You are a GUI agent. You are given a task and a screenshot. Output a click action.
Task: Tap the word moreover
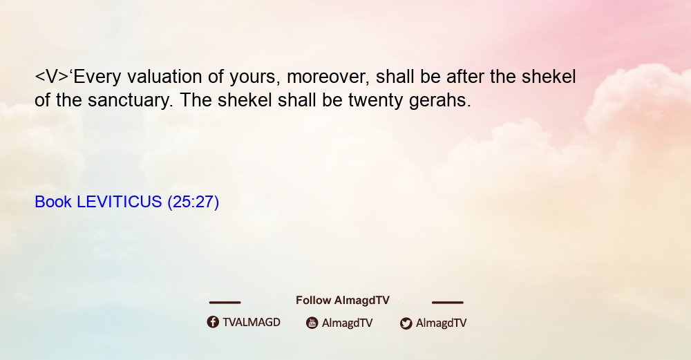click(x=328, y=77)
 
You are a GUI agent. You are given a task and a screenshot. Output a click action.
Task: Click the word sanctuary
click(x=130, y=100)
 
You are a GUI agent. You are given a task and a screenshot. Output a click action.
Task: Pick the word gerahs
click(x=439, y=100)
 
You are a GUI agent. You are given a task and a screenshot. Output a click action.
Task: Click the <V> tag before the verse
click(x=52, y=77)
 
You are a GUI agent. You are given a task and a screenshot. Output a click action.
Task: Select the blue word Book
click(x=53, y=202)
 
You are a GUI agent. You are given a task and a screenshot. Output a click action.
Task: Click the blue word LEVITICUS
click(x=120, y=202)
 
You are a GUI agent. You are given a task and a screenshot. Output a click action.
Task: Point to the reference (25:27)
click(x=193, y=202)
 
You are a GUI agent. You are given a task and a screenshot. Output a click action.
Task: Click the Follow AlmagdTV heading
click(x=343, y=301)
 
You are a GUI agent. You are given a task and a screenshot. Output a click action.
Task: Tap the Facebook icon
click(x=213, y=322)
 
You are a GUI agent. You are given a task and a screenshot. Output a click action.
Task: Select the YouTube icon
click(x=312, y=323)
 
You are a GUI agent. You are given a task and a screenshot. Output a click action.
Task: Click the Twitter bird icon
click(x=406, y=323)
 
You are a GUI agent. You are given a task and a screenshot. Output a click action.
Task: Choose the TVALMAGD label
click(x=252, y=323)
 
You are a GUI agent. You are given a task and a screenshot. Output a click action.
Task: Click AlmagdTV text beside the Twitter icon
click(x=441, y=323)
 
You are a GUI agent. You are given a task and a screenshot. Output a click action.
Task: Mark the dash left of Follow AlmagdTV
click(x=225, y=302)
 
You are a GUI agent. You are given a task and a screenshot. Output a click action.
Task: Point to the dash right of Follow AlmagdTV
click(x=447, y=302)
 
